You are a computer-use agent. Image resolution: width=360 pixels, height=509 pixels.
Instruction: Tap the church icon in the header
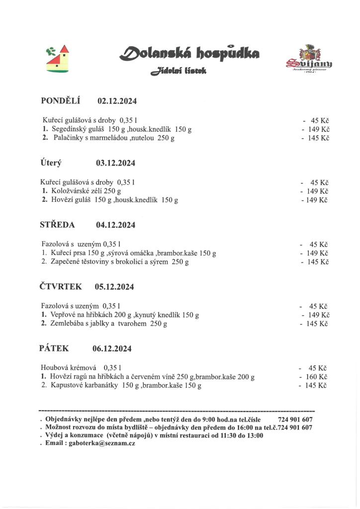pyautogui.click(x=58, y=59)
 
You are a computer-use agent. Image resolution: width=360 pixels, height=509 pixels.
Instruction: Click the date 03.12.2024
pyautogui.click(x=115, y=163)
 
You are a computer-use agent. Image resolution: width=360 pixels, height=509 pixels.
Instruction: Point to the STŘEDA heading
pyautogui.click(x=57, y=225)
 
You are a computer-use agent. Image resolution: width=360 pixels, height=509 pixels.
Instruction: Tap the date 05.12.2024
pyautogui.click(x=114, y=287)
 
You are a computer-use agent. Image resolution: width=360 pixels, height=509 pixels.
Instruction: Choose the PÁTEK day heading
pyautogui.click(x=54, y=348)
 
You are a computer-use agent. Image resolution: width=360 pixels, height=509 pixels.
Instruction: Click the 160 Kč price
pyautogui.click(x=316, y=377)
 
